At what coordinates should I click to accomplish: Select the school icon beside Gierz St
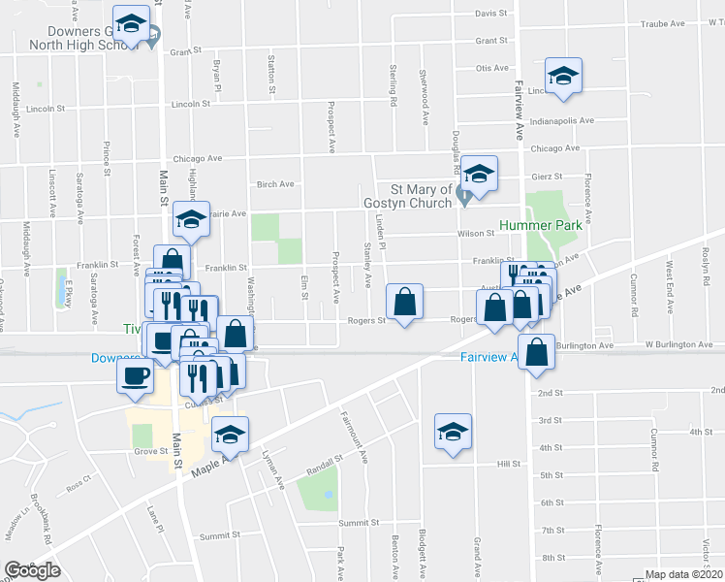click(x=478, y=175)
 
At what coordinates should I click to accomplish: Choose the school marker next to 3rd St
click(x=452, y=433)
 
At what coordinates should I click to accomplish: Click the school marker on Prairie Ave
click(x=191, y=222)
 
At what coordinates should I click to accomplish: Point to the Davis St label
click(x=491, y=14)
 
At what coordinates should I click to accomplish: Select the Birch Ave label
click(x=274, y=184)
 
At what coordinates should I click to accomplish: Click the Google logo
click(x=33, y=570)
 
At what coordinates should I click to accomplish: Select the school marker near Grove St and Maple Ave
click(x=230, y=435)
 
